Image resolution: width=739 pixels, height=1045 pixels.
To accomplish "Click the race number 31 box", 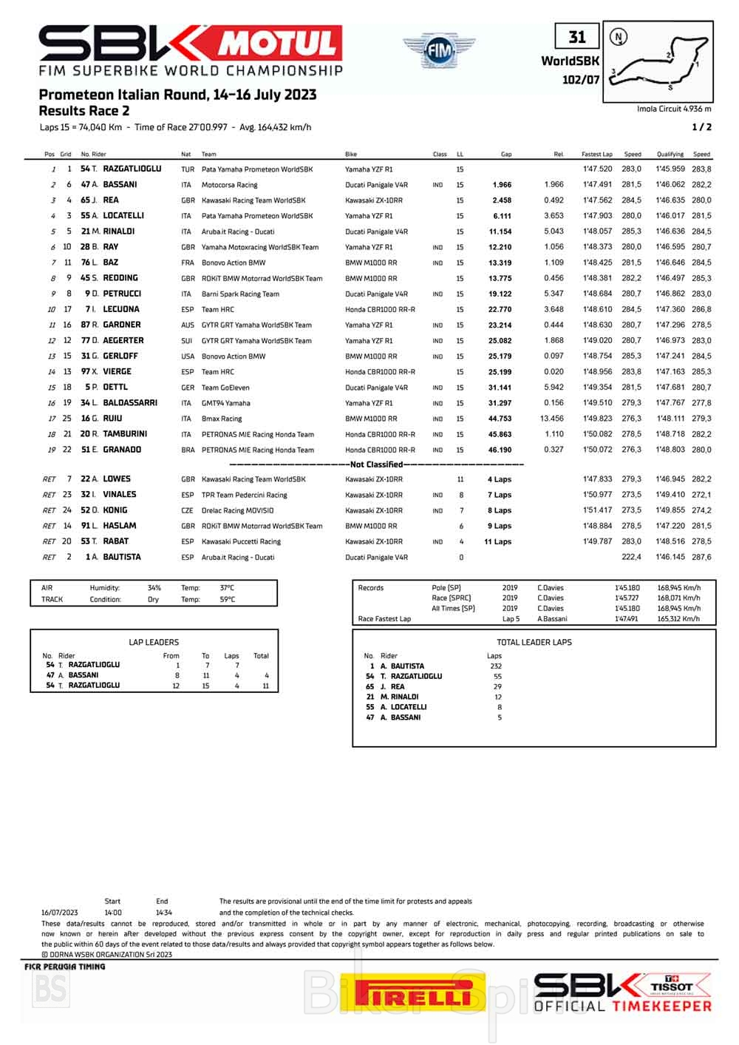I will click(576, 37).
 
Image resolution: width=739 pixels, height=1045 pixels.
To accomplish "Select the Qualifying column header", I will click(670, 155).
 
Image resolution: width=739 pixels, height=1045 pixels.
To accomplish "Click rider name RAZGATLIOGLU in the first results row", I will click(132, 169).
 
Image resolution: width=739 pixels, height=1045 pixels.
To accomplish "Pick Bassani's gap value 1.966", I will click(502, 185).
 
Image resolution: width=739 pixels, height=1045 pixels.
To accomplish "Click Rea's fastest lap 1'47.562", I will click(597, 200).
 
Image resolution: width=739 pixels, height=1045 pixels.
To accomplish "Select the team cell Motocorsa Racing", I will click(230, 185).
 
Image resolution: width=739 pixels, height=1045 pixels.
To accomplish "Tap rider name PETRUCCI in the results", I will click(122, 294).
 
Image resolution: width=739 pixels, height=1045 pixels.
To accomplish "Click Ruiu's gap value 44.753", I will click(500, 419).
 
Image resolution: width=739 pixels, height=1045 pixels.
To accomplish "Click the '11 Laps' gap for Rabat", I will click(497, 542).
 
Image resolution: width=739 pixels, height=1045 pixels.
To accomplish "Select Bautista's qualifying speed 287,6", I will click(701, 558).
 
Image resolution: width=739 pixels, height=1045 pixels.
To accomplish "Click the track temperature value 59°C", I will click(227, 600).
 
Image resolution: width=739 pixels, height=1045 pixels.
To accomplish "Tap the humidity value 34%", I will click(154, 589).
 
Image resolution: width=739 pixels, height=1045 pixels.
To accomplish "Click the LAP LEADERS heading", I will click(154, 642).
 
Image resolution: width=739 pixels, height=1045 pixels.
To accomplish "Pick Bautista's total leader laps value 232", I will click(494, 666).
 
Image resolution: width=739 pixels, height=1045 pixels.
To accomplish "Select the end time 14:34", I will click(163, 913).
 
